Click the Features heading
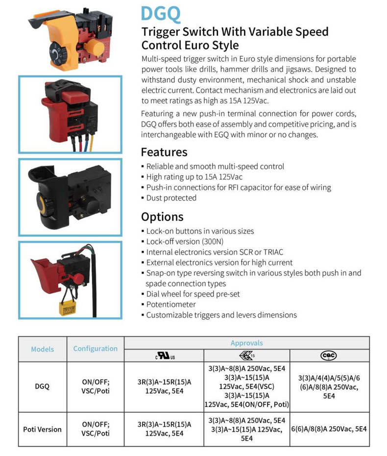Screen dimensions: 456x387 point(164,152)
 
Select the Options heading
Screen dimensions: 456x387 point(162,217)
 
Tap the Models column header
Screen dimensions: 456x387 point(43,349)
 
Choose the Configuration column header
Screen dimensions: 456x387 point(96,349)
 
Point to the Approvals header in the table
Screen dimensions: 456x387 point(247,343)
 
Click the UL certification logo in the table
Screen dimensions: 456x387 point(165,356)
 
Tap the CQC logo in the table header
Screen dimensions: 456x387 point(329,356)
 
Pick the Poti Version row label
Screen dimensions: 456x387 point(43,429)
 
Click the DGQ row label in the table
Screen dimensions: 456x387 point(43,386)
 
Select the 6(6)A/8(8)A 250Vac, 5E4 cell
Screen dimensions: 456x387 point(329,429)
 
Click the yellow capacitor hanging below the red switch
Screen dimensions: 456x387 point(68,307)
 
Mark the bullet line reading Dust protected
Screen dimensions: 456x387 point(171,198)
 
